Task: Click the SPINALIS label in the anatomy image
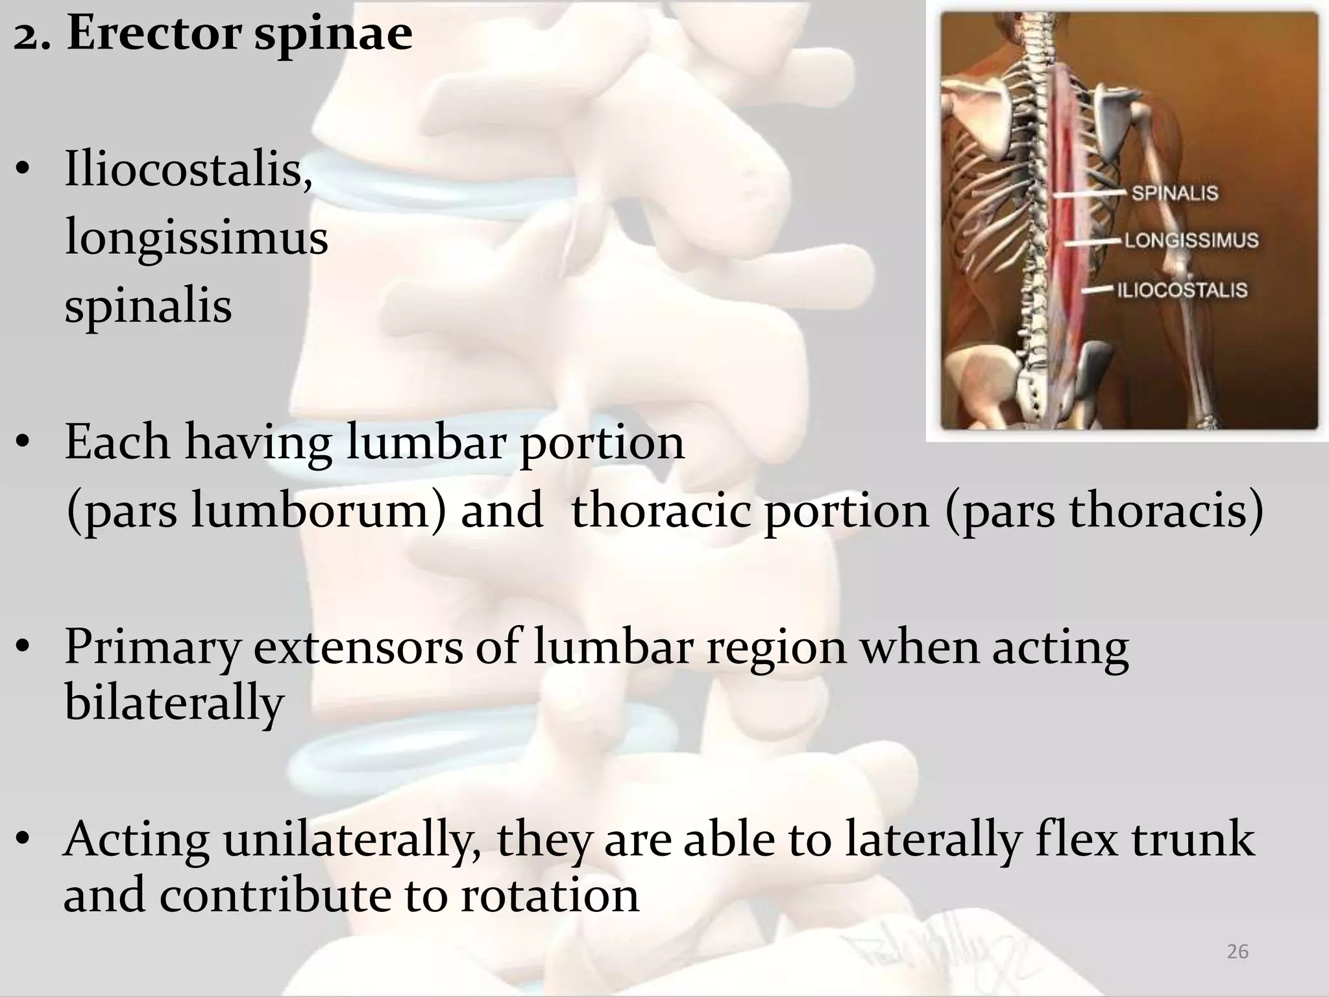[x=1175, y=193]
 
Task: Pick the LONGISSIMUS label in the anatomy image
[x=1191, y=240]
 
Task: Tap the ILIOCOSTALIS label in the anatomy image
[x=1182, y=289]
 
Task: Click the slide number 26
[x=1238, y=952]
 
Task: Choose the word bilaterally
[x=175, y=703]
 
